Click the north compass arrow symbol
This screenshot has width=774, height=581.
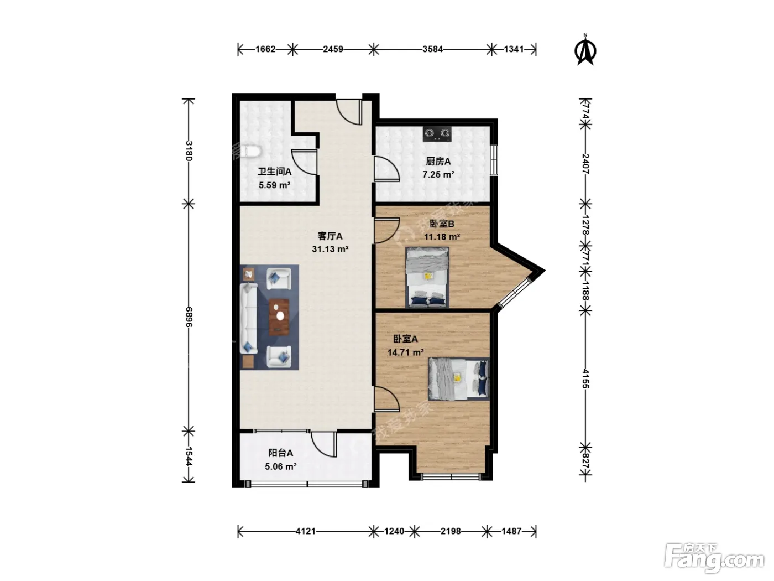[x=585, y=50]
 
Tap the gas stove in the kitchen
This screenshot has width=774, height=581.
[x=437, y=134]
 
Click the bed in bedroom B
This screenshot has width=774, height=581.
[x=427, y=277]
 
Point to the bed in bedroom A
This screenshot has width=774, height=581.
[x=459, y=379]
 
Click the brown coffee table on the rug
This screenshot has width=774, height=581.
[x=279, y=317]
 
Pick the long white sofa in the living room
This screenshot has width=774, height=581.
[x=249, y=318]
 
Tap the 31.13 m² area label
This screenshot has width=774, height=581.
[x=330, y=249]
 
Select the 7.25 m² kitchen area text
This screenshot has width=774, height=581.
[x=438, y=174]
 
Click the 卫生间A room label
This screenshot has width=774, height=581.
[x=275, y=172]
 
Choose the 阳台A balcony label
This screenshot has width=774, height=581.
[x=281, y=453]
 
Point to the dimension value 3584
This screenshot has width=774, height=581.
[x=432, y=49]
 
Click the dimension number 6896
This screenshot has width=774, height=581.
[x=189, y=317]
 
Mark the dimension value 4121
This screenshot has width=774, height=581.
[x=305, y=531]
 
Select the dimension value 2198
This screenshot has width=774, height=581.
[x=450, y=531]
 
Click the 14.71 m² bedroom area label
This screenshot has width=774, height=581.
[x=405, y=352]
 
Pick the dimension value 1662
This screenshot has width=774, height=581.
[x=265, y=49]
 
